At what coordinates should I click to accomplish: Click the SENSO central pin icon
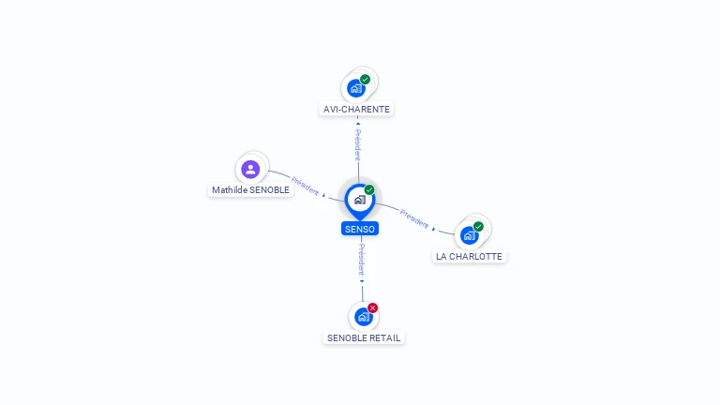pyautogui.click(x=359, y=200)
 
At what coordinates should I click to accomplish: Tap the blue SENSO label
pyautogui.click(x=360, y=229)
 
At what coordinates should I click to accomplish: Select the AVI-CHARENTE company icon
pyautogui.click(x=355, y=88)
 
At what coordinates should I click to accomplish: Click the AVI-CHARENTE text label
pyautogui.click(x=356, y=110)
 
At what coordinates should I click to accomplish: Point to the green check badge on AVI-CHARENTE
pyautogui.click(x=365, y=80)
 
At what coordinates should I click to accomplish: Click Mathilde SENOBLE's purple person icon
pyautogui.click(x=250, y=170)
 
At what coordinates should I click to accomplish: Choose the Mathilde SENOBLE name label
pyautogui.click(x=250, y=190)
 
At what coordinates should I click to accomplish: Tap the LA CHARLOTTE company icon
pyautogui.click(x=469, y=235)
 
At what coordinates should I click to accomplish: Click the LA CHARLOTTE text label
pyautogui.click(x=469, y=256)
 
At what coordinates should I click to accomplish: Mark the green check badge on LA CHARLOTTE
pyautogui.click(x=478, y=227)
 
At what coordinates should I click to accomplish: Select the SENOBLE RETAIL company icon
pyautogui.click(x=363, y=317)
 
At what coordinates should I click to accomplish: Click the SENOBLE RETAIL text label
pyautogui.click(x=365, y=337)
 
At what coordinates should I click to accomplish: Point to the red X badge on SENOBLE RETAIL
pyautogui.click(x=372, y=308)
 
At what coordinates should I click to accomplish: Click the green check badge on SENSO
pyautogui.click(x=369, y=190)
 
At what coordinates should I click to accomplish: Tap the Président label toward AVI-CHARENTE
pyautogui.click(x=357, y=144)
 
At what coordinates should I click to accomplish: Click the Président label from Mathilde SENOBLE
pyautogui.click(x=305, y=185)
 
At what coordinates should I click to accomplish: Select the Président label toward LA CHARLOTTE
pyautogui.click(x=414, y=218)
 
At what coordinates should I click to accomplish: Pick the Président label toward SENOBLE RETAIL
pyautogui.click(x=361, y=259)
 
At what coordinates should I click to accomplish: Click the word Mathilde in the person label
pyautogui.click(x=228, y=190)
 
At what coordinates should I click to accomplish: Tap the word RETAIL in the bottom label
pyautogui.click(x=386, y=337)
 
